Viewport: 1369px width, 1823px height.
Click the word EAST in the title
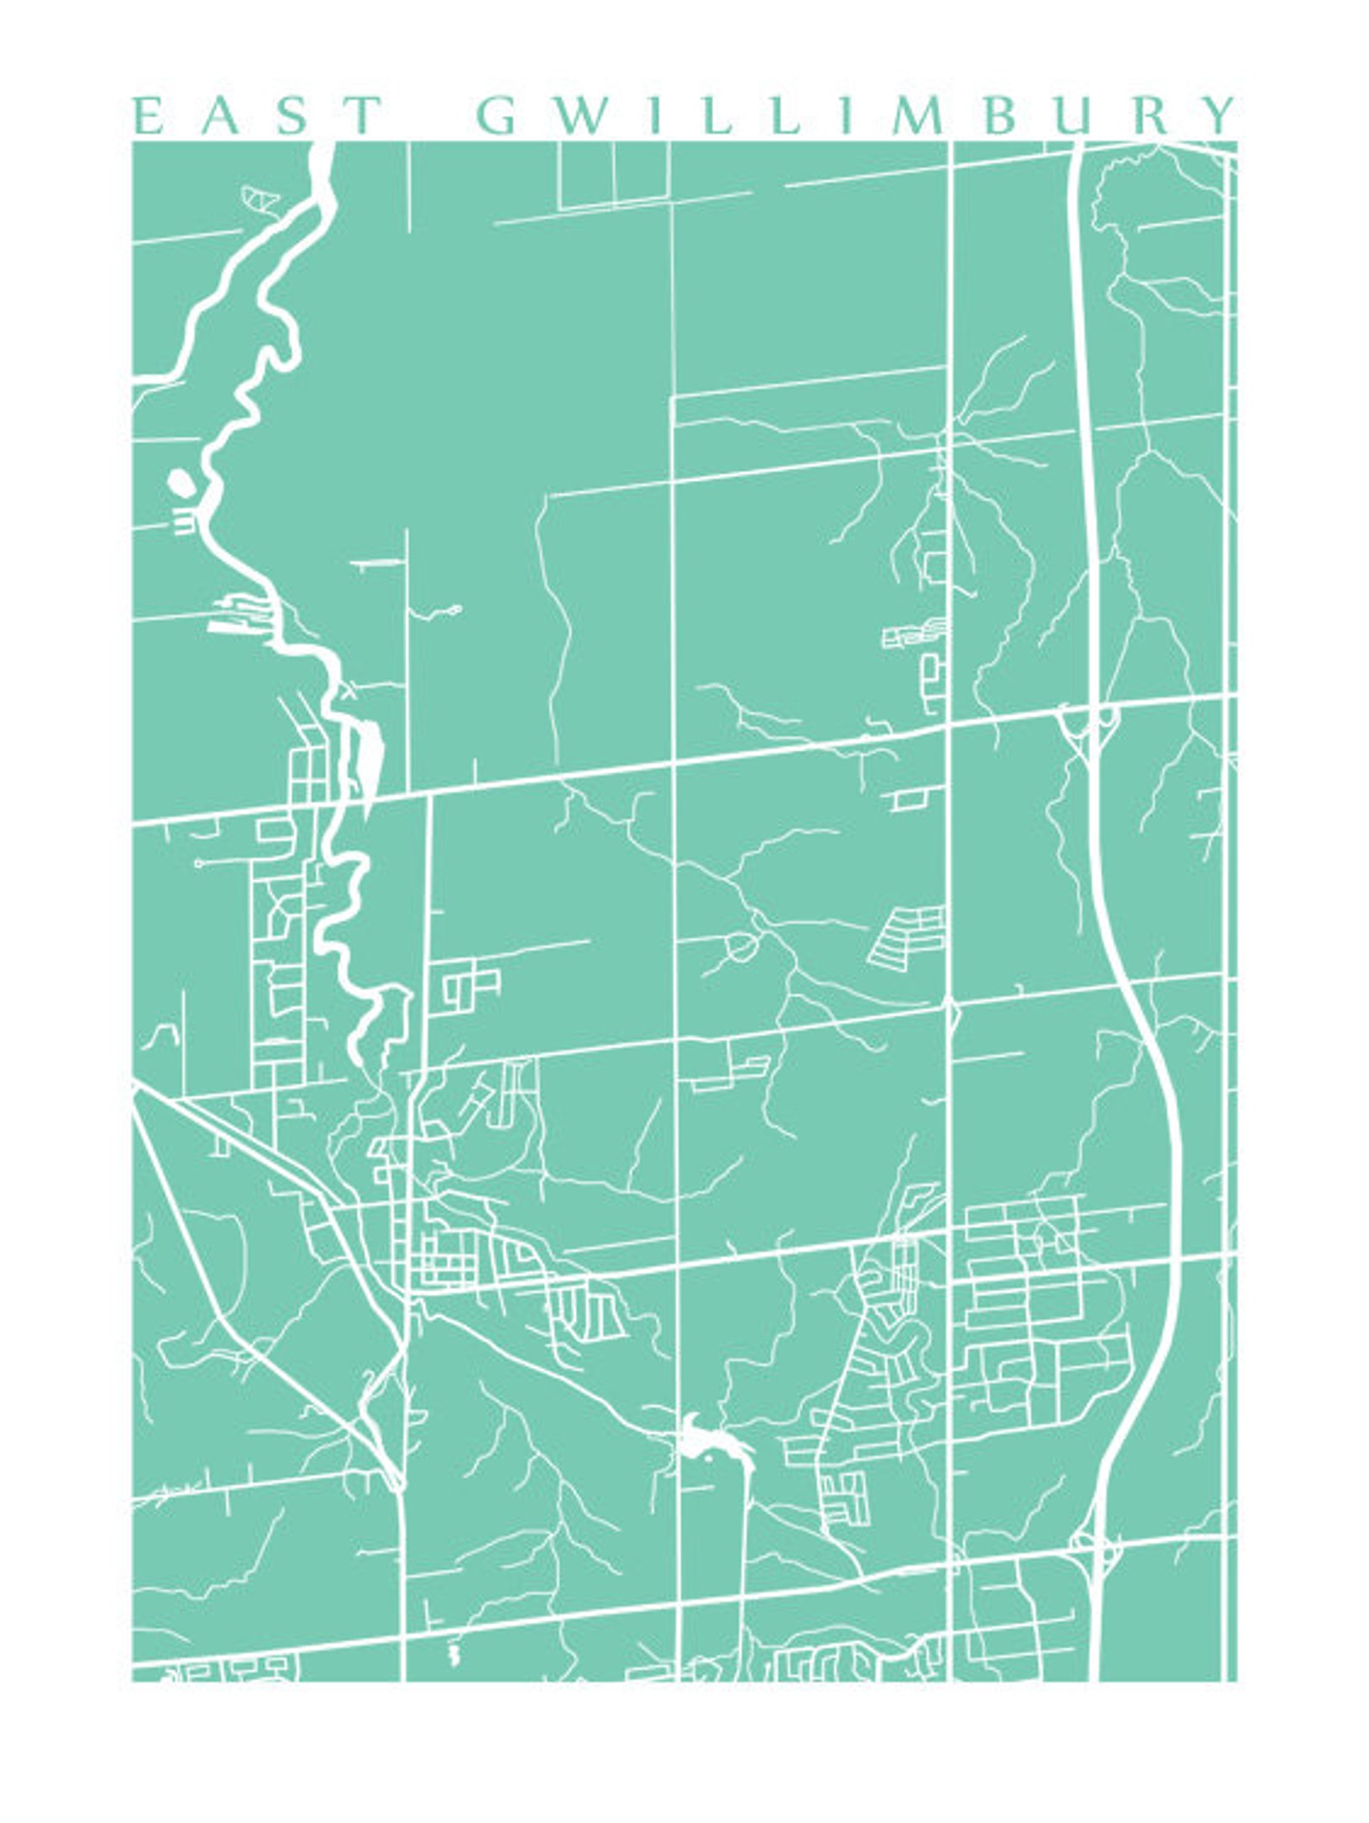[x=257, y=115]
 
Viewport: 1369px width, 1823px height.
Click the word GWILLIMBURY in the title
[x=856, y=115]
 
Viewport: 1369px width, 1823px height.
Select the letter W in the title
[x=578, y=115]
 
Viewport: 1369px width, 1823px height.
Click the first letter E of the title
[x=147, y=115]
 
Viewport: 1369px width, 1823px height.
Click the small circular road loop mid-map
[x=741, y=947]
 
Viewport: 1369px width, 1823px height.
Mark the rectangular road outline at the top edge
[x=614, y=175]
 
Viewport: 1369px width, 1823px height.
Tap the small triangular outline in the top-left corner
[x=260, y=198]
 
